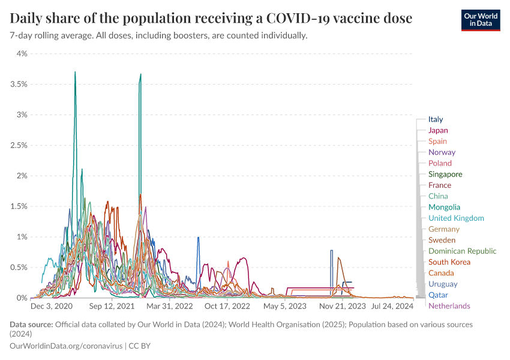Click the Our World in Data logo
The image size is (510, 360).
(x=480, y=19)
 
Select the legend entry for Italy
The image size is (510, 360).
(x=436, y=119)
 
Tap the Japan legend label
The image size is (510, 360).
(x=438, y=130)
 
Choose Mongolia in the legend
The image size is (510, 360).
(x=445, y=207)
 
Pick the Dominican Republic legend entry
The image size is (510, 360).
(x=463, y=251)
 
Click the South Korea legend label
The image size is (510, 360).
(x=449, y=262)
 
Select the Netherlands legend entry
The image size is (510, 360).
(x=449, y=306)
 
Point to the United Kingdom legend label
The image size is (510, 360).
(x=456, y=218)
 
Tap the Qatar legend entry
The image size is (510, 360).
(x=438, y=295)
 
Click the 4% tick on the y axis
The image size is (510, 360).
(x=22, y=53)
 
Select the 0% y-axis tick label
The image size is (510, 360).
(x=22, y=298)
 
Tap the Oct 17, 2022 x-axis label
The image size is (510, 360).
(x=227, y=306)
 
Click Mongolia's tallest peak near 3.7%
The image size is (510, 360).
(x=75, y=73)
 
